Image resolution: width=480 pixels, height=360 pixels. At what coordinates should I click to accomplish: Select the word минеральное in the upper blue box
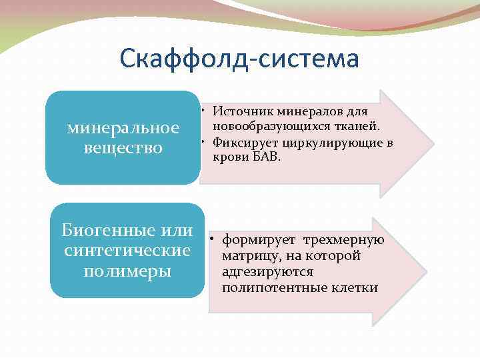pyautogui.click(x=123, y=127)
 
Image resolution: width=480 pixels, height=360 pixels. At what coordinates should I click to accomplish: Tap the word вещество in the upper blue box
pyautogui.click(x=123, y=147)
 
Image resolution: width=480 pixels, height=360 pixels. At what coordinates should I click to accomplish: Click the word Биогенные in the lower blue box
pyautogui.click(x=107, y=231)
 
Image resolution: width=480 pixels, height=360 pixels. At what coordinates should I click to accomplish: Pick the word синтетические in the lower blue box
pyautogui.click(x=127, y=251)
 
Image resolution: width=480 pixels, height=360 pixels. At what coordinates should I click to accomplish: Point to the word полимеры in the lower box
pyautogui.click(x=127, y=271)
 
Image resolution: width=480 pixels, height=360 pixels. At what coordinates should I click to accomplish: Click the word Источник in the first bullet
pyautogui.click(x=241, y=111)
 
